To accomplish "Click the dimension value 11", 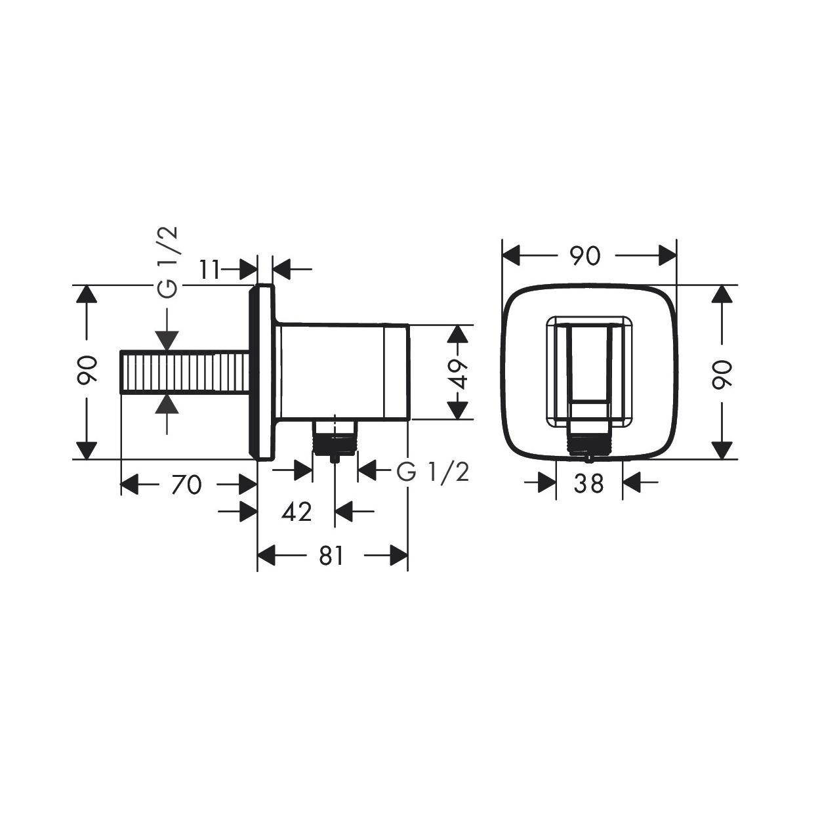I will (x=209, y=270).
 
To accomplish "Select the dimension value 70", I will (x=186, y=485).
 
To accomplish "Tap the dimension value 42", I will (x=297, y=511).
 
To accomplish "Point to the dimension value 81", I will (x=331, y=556).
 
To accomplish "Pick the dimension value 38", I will (x=588, y=484).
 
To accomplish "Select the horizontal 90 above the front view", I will (x=585, y=255).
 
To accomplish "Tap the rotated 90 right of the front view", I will (x=722, y=374).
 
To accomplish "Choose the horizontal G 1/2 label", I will (x=433, y=471).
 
